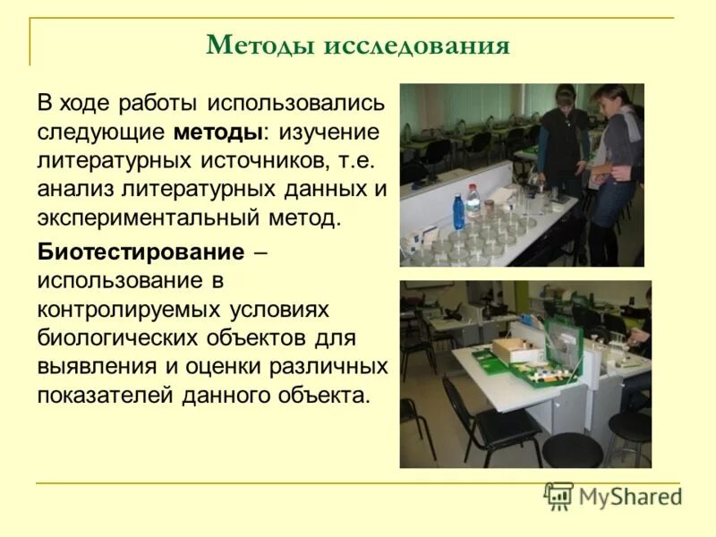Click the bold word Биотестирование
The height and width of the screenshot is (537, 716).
pos(141,252)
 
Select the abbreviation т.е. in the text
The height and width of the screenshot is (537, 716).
pos(359,161)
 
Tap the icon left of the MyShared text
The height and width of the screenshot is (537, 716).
pos(558,496)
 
